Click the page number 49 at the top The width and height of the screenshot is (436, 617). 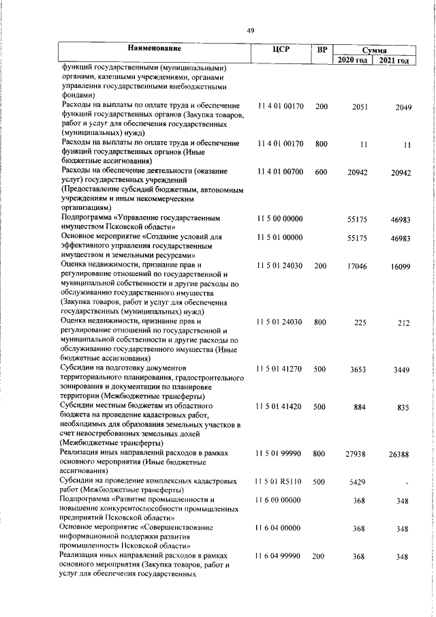251,29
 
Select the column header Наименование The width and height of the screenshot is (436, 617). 155,49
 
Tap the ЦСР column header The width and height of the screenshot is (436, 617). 280,49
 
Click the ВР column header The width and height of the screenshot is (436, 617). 322,49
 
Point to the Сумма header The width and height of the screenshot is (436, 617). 375,50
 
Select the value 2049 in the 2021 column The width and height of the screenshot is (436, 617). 403,107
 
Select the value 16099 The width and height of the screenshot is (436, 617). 400,266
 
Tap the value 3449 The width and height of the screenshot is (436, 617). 401,369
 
